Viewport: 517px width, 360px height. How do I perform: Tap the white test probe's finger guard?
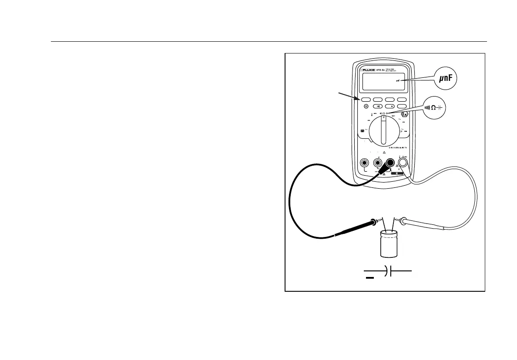click(404, 220)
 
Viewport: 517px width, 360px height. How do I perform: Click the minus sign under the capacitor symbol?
click(369, 278)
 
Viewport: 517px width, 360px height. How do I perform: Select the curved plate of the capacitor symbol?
click(386, 271)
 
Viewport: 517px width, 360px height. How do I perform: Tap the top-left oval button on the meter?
click(366, 99)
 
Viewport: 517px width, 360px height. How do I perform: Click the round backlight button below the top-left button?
click(366, 107)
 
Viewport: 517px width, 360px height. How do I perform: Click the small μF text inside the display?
click(398, 81)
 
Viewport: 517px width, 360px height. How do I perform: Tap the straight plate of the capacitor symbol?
click(391, 271)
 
